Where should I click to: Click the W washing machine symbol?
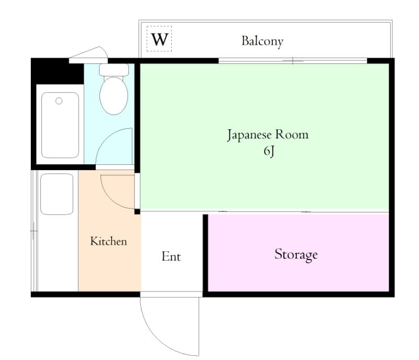(159, 39)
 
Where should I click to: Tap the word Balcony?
(262, 41)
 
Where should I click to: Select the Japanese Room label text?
(267, 134)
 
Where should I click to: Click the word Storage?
(296, 255)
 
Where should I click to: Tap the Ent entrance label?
(171, 256)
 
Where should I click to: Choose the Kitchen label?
(108, 241)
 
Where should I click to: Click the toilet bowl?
(114, 95)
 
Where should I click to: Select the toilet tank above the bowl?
(114, 69)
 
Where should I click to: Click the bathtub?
(60, 125)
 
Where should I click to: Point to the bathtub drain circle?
(59, 101)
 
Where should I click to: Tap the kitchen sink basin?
(57, 194)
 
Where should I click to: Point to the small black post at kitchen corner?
(137, 211)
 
